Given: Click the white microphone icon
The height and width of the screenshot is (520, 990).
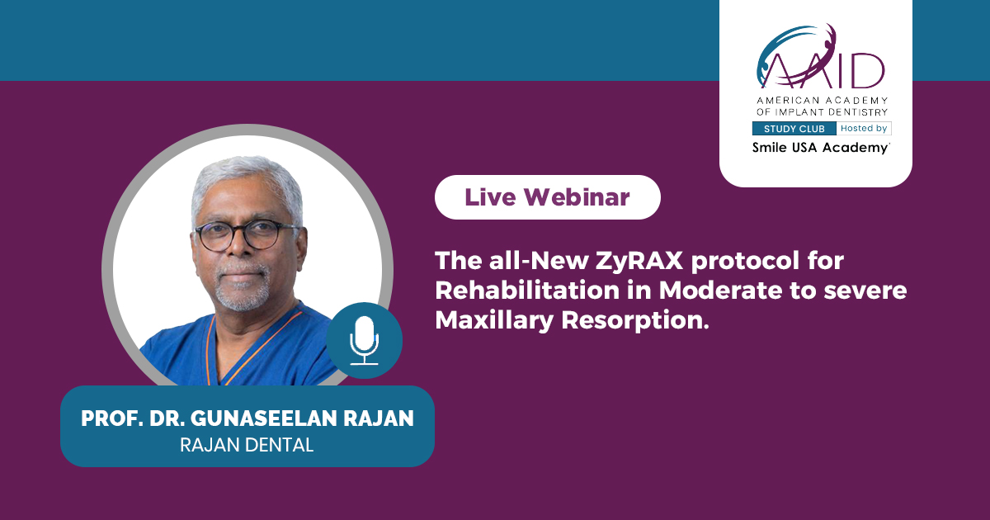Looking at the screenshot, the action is coord(364,340).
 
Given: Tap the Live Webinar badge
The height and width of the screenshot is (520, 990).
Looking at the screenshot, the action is coord(548,197).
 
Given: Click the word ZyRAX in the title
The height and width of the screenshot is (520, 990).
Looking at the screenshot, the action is coord(639,261).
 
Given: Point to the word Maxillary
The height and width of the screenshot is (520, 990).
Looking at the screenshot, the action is coord(494,321).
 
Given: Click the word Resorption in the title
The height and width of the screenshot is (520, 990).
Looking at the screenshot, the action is coord(635,321).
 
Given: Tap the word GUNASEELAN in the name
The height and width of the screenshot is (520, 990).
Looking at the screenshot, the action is coord(264,418).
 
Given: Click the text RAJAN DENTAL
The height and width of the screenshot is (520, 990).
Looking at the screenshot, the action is coord(247,445).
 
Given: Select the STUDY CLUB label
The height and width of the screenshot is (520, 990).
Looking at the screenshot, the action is coord(794,129).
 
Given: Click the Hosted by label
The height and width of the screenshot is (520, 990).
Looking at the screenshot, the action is coord(864,128).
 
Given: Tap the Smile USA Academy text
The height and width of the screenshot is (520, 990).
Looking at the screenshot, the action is coord(821,148).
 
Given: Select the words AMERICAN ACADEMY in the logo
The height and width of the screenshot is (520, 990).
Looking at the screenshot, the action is coord(822,101).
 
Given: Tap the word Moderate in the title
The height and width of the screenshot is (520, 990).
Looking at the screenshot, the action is coord(720,291).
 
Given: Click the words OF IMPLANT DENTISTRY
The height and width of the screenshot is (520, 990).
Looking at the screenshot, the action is coord(822,112).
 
